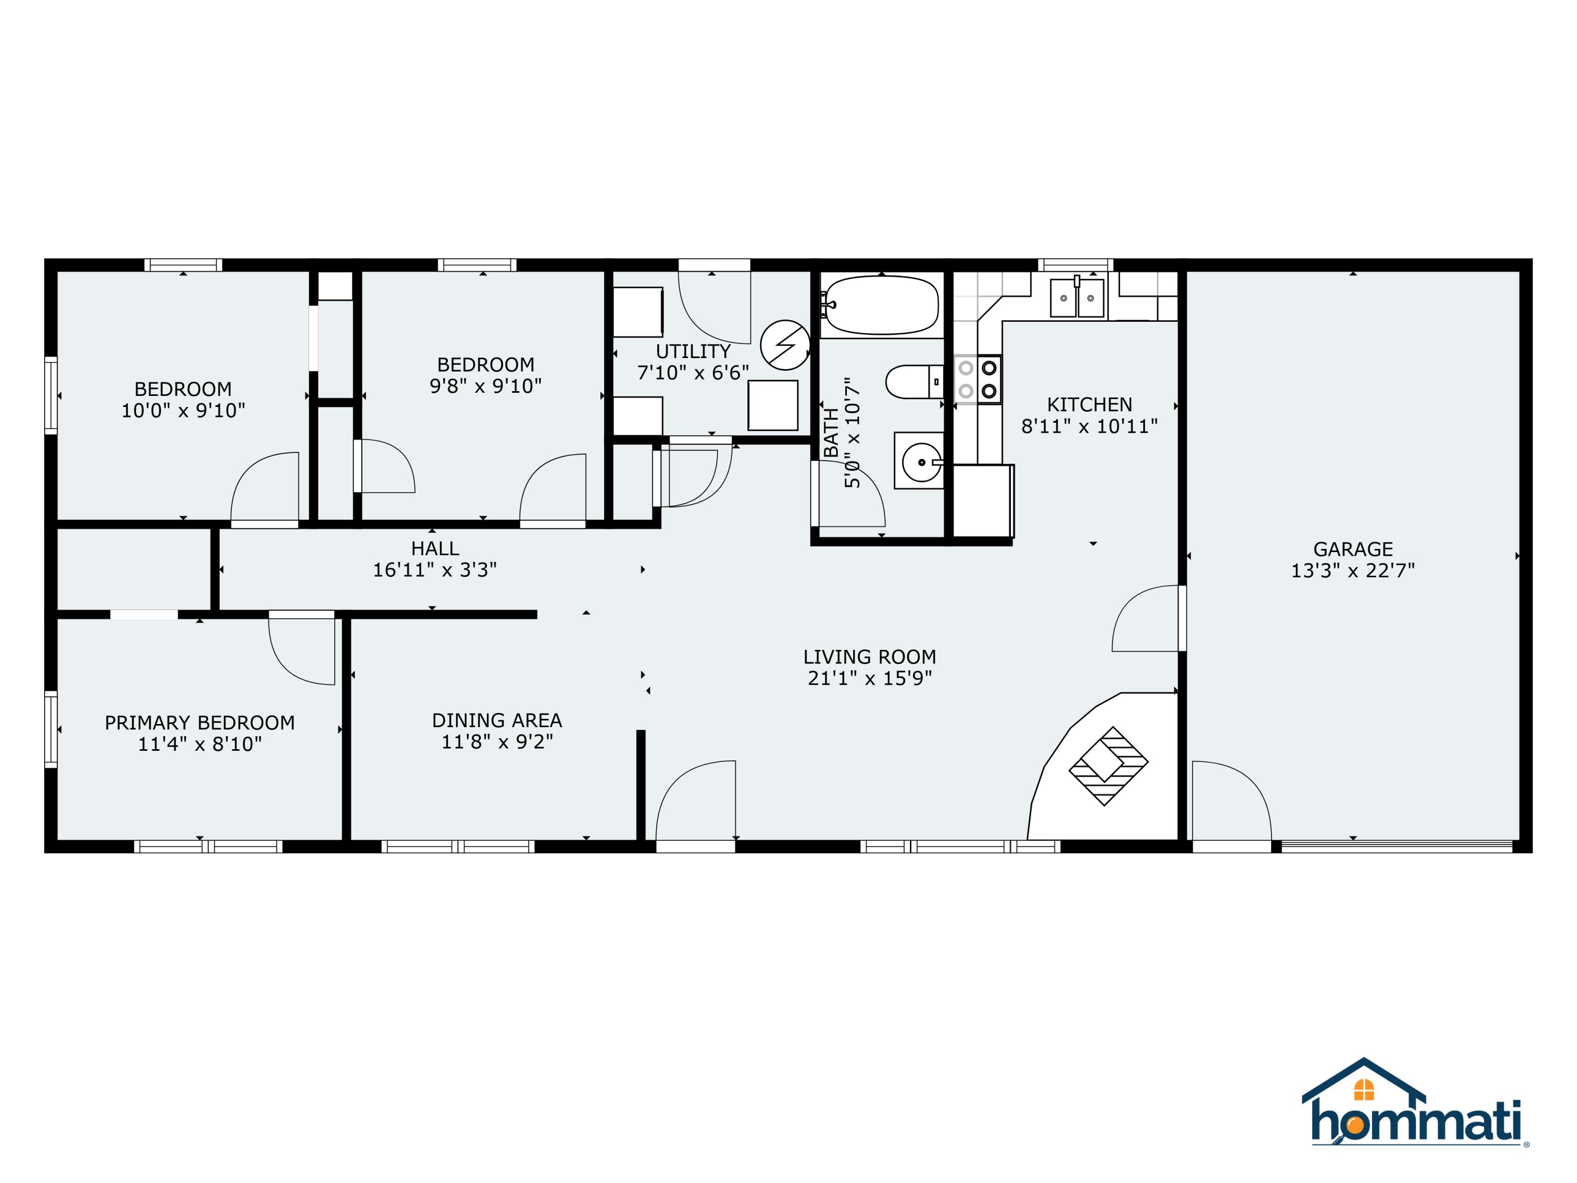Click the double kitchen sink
point(1077,298)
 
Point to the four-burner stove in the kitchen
point(978,380)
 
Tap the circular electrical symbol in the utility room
point(785,345)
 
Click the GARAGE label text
point(1353,549)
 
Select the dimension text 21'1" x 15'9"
point(869,678)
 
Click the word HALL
point(435,548)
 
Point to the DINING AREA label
point(497,720)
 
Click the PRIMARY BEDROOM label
point(200,722)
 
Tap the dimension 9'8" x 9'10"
point(486,386)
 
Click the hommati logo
point(1415,1117)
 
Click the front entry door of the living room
point(695,802)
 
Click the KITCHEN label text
point(1089,404)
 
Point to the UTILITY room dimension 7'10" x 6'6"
point(693,373)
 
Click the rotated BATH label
point(831,432)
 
